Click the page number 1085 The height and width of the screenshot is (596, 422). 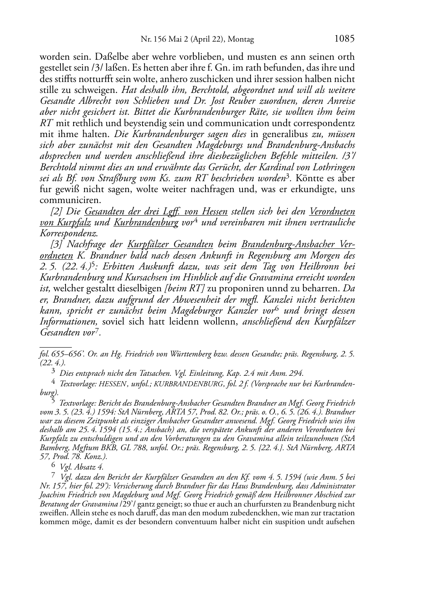point(344,39)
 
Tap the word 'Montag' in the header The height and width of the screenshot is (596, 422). point(241,40)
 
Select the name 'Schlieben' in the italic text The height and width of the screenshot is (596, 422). point(156,101)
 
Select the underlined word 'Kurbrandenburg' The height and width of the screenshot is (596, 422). point(146,222)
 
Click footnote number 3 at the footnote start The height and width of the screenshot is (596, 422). point(53,372)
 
